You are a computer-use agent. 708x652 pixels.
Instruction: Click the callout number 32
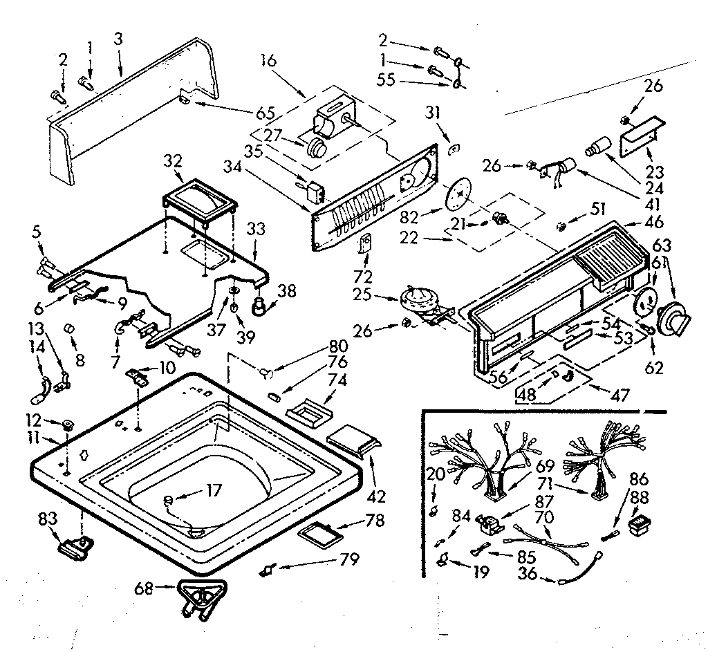pos(174,162)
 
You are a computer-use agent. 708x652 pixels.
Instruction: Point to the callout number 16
pos(269,60)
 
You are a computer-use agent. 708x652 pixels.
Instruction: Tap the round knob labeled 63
pos(671,321)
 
